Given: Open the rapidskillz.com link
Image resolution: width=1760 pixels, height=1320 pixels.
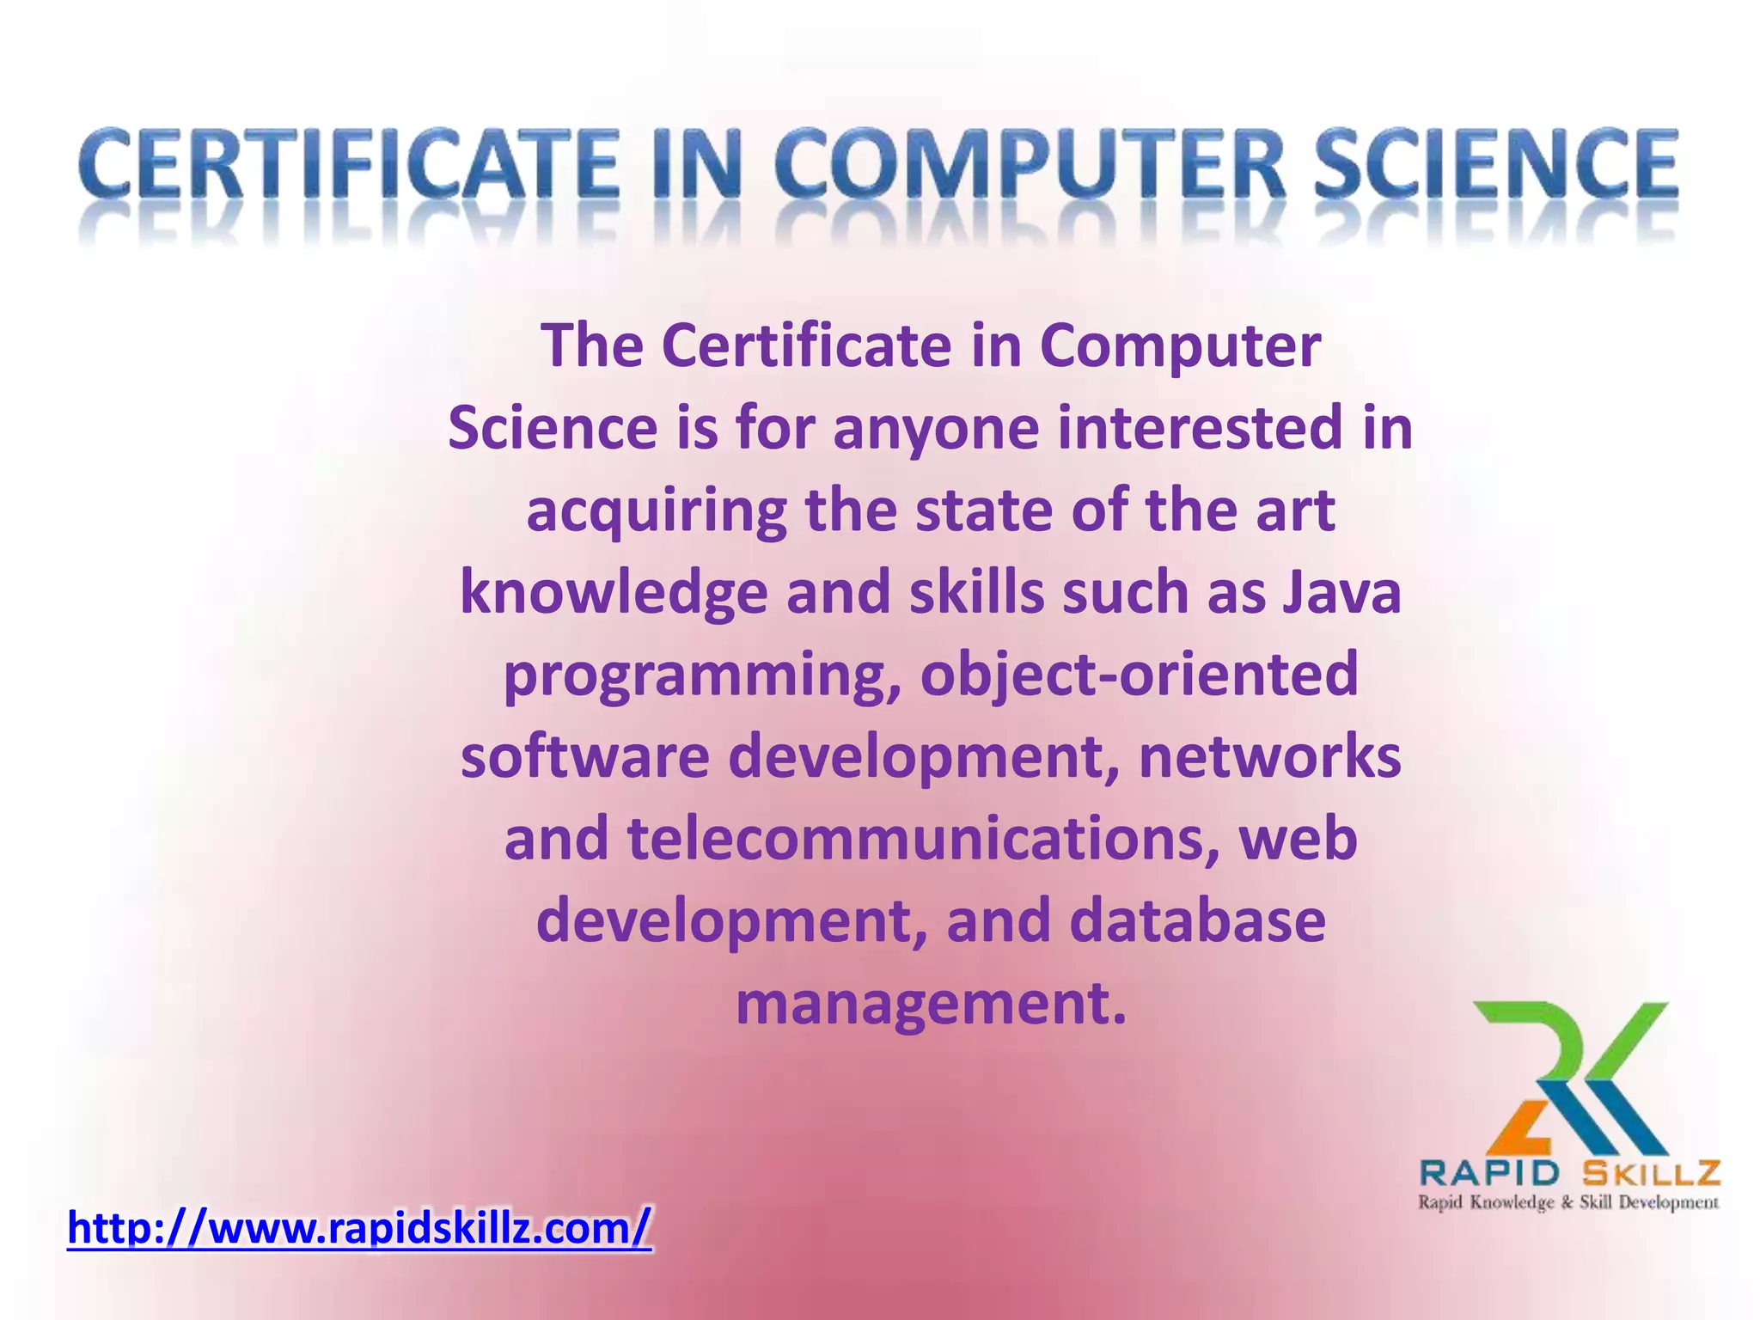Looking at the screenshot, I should click(359, 1227).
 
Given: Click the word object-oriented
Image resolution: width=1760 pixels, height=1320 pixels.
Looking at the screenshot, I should click(1139, 674).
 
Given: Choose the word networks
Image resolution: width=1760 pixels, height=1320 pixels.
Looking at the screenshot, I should click(1270, 756).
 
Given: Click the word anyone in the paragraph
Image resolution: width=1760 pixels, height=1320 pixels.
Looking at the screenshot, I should click(937, 427).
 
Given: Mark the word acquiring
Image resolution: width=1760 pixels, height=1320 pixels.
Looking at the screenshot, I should click(656, 510).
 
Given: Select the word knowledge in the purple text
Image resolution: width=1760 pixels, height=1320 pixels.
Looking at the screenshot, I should click(614, 593).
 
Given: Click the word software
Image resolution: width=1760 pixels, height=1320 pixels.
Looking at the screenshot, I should click(584, 756).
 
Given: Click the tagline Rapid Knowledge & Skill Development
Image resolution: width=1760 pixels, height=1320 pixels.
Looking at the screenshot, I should click(1567, 1201).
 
